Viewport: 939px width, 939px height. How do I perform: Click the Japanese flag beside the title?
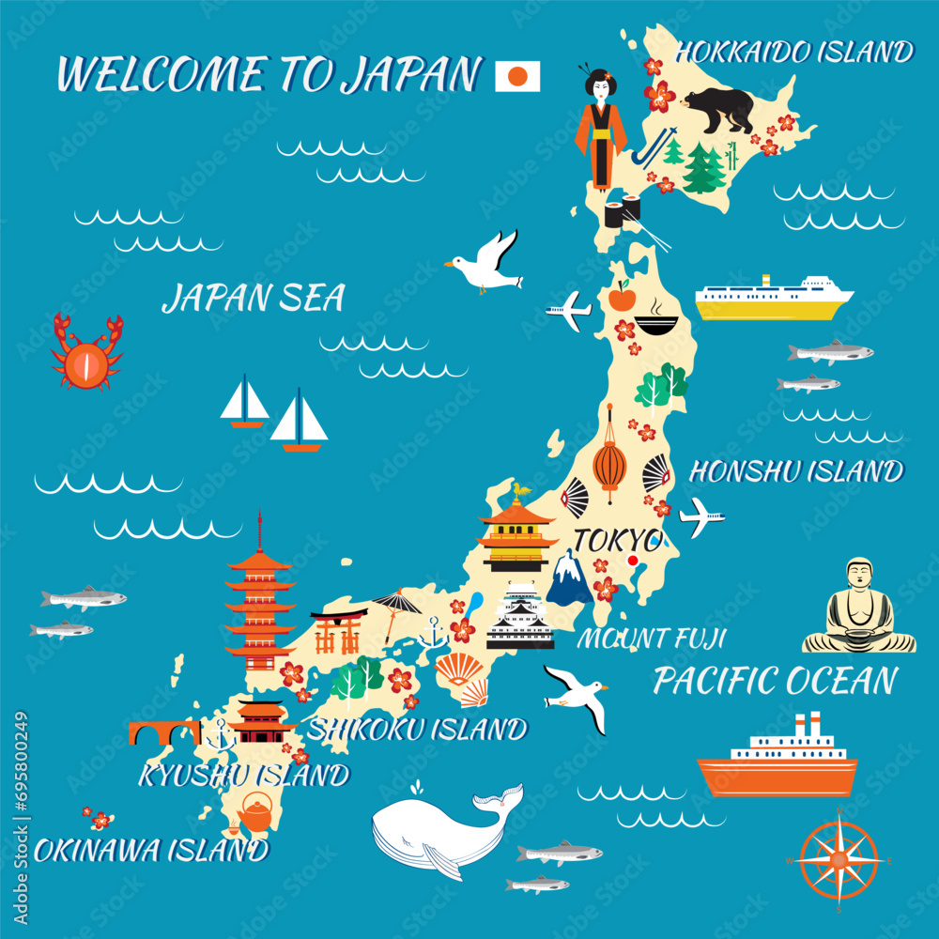coord(517,76)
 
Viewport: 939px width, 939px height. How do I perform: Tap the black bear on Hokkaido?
coord(719,109)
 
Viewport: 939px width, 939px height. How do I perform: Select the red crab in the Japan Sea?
coord(87,353)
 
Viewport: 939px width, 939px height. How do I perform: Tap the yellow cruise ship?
coord(773,299)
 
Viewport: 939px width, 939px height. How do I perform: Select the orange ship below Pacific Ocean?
coord(777,761)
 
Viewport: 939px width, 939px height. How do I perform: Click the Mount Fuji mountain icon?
coord(569,579)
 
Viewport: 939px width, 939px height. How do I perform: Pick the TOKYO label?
coord(616,540)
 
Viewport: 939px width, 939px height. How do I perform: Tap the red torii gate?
coord(338,630)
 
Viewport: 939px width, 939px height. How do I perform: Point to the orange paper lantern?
coord(608,459)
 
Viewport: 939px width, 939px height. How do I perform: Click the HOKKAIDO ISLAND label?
coord(794,52)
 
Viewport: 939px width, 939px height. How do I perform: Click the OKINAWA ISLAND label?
coord(150,851)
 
